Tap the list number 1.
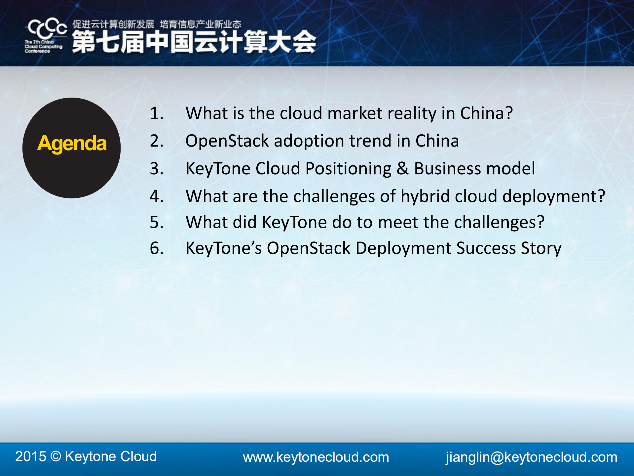[x=157, y=113]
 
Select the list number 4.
[x=157, y=196]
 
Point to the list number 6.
[x=157, y=248]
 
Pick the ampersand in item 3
[x=402, y=168]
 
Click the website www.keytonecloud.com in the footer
[x=316, y=457]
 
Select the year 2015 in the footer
[x=31, y=456]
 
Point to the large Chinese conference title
[x=194, y=42]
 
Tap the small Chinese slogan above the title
[x=157, y=24]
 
